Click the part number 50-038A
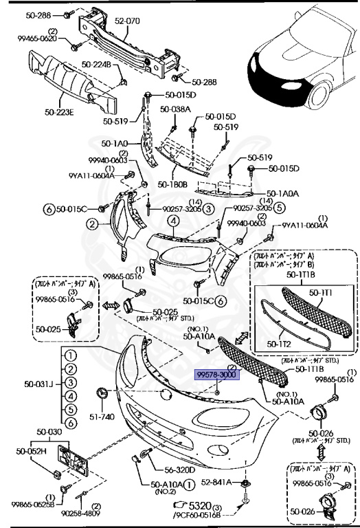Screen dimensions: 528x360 (x=175, y=109)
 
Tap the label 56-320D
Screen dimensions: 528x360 (x=179, y=470)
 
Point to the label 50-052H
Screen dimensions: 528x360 (x=32, y=451)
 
